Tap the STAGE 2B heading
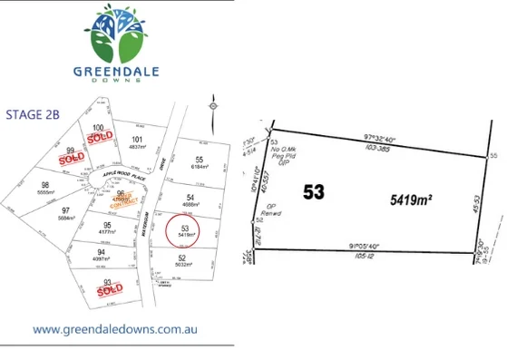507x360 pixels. point(34,114)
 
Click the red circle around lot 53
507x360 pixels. point(185,230)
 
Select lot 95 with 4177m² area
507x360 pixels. point(108,227)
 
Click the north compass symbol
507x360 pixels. point(213,106)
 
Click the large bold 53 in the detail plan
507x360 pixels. point(314,193)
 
